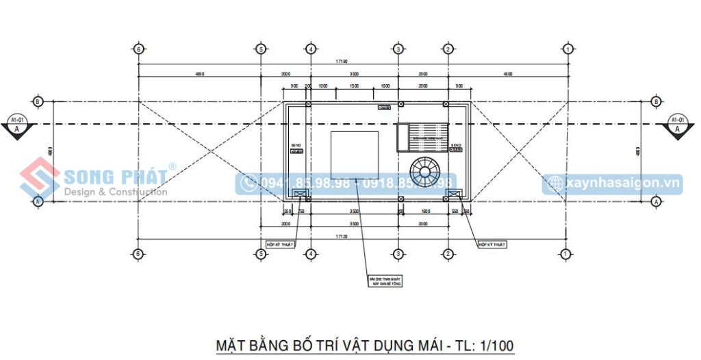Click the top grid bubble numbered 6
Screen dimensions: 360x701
point(139,49)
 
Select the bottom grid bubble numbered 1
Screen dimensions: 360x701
point(566,254)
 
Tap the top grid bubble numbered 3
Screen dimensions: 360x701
point(398,49)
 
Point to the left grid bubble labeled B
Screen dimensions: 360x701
point(38,101)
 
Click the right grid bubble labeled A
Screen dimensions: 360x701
point(656,201)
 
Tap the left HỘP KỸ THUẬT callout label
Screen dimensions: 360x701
point(281,244)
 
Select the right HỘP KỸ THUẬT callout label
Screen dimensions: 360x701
point(492,244)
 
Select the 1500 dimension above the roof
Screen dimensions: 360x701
point(354,86)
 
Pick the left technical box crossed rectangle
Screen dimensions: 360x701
point(300,194)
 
